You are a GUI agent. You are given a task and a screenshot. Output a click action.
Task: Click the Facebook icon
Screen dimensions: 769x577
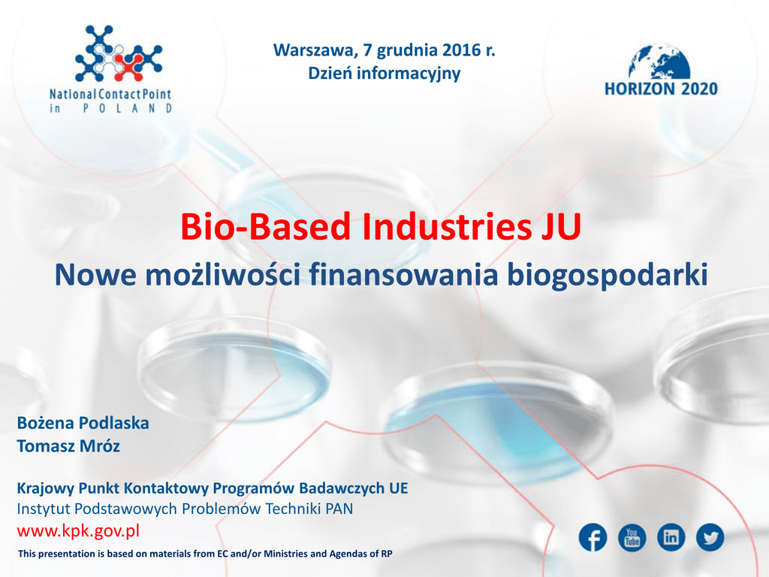[x=593, y=537]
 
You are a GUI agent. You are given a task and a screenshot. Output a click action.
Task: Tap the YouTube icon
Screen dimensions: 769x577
[x=632, y=537]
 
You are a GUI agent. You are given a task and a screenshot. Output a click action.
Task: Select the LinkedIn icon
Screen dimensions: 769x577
[x=671, y=537]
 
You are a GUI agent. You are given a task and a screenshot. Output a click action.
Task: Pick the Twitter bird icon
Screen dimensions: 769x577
[x=710, y=537]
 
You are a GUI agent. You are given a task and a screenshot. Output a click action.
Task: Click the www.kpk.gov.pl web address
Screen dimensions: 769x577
[x=78, y=530]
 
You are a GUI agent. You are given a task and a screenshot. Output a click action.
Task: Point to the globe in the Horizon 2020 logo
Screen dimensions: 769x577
[x=660, y=62]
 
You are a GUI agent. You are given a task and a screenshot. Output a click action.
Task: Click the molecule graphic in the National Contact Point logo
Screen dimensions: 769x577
[x=118, y=53]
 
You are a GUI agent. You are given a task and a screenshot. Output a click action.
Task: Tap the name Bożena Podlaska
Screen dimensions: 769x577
[x=83, y=423]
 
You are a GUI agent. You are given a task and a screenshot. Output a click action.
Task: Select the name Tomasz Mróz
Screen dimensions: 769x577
[x=68, y=446]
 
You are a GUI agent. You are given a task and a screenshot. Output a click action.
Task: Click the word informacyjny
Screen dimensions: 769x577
[x=409, y=74]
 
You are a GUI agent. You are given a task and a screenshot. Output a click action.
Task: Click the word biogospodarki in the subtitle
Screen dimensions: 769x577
[x=607, y=275]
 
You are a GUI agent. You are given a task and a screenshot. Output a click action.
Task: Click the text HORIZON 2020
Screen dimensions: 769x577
[x=661, y=89]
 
